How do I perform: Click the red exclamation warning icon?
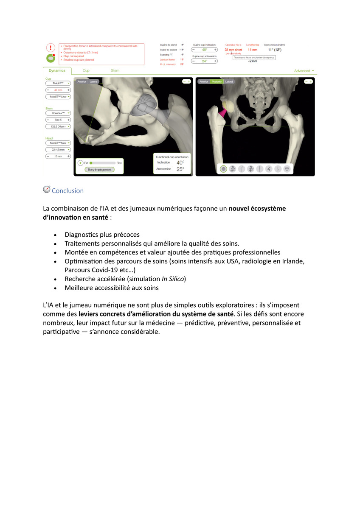[51, 48]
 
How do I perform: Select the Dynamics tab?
[57, 70]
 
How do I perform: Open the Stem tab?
[115, 70]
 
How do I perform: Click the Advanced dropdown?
[304, 71]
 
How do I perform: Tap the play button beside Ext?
[80, 162]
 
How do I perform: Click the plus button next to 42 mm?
[68, 90]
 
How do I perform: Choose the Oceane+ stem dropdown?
[58, 113]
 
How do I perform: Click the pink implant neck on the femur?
[221, 112]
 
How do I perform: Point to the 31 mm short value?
[233, 50]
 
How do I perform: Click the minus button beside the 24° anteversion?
[194, 61]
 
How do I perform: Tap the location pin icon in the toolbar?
[287, 169]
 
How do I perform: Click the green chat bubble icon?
[51, 58]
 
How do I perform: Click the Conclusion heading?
[67, 191]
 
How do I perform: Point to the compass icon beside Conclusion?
[47, 190]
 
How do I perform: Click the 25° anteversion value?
[180, 169]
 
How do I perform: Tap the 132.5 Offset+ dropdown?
[58, 126]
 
